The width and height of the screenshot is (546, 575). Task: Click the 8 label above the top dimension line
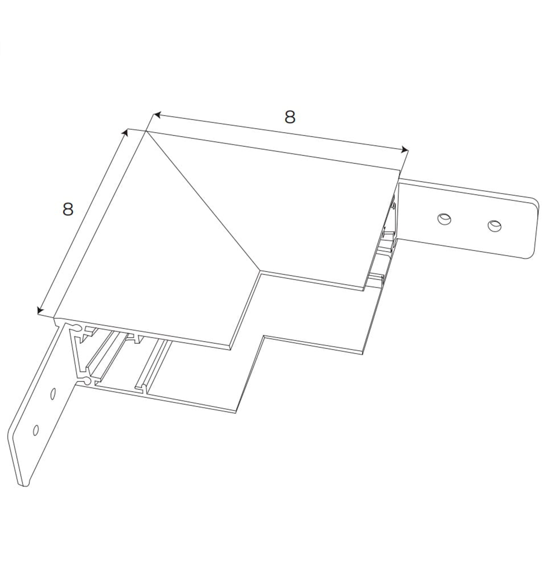pos(290,117)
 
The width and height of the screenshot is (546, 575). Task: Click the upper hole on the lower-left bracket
pos(53,394)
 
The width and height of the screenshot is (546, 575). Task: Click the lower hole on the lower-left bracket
pos(36,430)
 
